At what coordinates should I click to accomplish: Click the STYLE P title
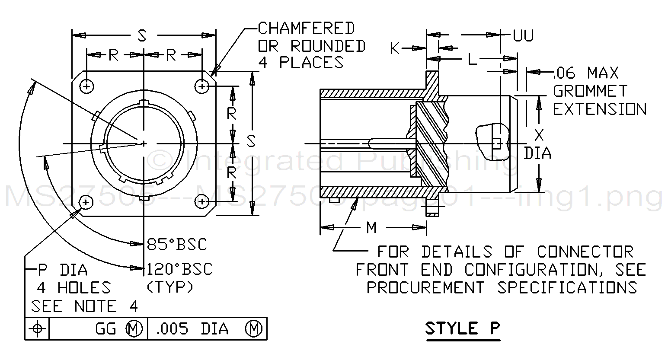tap(462, 328)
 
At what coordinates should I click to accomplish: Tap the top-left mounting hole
tap(87, 86)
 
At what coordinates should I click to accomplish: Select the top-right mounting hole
tap(202, 86)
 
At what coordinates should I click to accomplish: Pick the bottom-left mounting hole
tap(86, 202)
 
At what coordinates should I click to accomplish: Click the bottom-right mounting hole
tap(202, 201)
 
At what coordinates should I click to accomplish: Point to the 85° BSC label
tap(176, 244)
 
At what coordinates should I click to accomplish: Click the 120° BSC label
tap(179, 269)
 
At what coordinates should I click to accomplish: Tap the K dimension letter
tap(395, 49)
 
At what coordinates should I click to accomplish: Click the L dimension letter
tap(472, 59)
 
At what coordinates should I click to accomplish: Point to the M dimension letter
tap(371, 227)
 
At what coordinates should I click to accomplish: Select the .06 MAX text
tap(586, 73)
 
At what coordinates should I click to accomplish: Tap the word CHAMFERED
tap(306, 29)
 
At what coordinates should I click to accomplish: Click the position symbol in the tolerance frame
tap(37, 329)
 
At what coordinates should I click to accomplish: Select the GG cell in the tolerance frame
tap(106, 329)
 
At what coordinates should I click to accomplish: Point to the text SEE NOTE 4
tap(85, 306)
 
